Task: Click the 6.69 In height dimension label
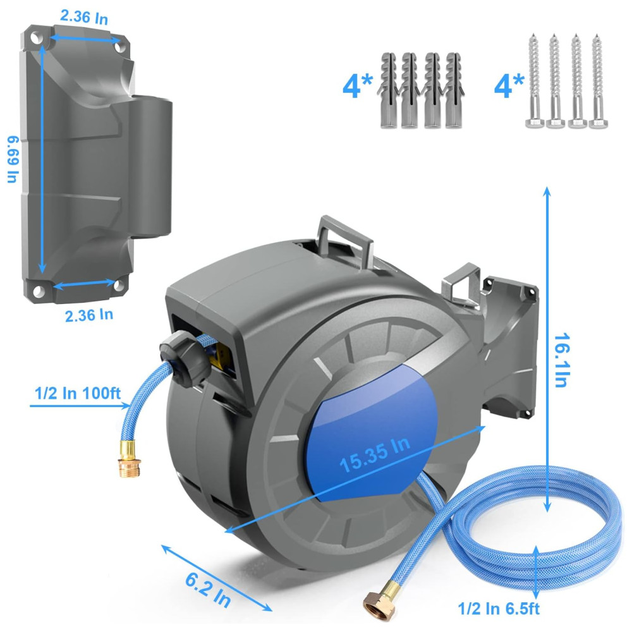click(13, 159)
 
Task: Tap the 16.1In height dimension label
click(562, 360)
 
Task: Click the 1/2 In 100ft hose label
click(78, 393)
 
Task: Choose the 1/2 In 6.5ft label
click(499, 609)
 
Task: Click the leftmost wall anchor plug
click(389, 90)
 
